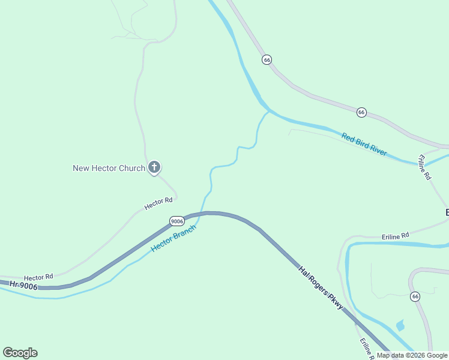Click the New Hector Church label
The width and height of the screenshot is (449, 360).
coord(109,168)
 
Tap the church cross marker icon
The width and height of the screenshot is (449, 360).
coord(154,167)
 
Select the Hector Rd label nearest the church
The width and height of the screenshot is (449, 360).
coord(158,204)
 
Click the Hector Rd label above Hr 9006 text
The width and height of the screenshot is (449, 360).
coord(38,277)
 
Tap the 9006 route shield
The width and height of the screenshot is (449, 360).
coord(176,221)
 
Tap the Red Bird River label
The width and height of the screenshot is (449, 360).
coord(364,144)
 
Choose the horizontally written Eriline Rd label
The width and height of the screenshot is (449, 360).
coord(395,235)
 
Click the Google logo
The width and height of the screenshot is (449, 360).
coord(20,353)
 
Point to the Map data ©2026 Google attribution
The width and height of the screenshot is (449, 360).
coord(412,355)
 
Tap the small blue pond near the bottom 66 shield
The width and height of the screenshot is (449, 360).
coord(400,326)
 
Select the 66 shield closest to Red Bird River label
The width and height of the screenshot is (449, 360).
coord(361,112)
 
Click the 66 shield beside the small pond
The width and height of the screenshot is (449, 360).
coord(415,296)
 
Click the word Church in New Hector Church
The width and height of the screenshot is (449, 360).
coord(131,168)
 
